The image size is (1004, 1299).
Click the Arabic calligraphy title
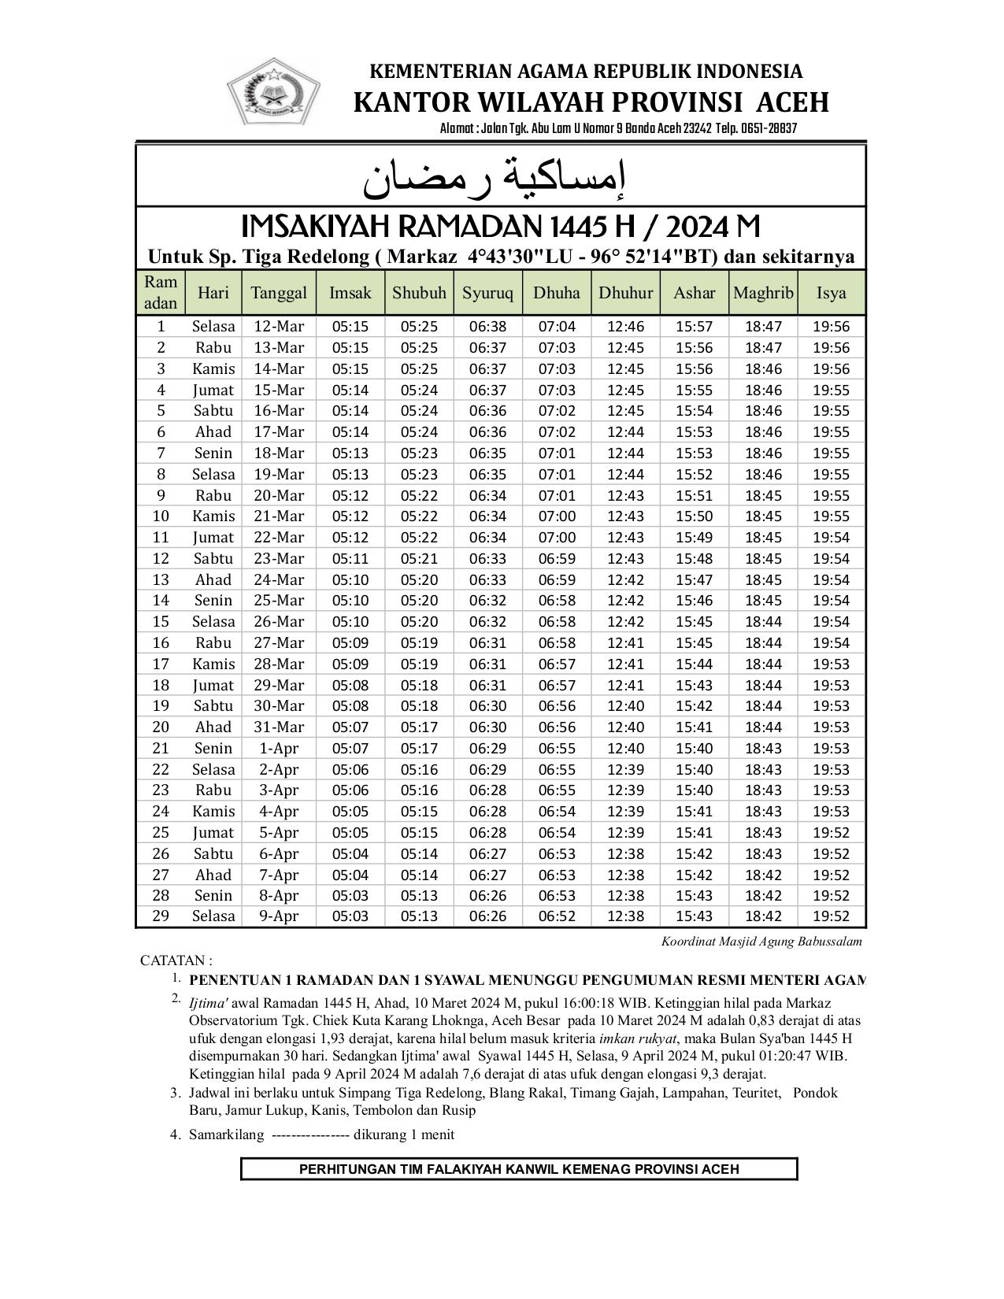[495, 179]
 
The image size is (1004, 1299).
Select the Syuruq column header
[487, 293]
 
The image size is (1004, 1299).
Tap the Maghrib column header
[762, 293]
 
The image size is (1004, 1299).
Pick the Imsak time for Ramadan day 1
[350, 327]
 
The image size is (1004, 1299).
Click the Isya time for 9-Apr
[832, 916]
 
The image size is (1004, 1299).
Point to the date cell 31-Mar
[279, 727]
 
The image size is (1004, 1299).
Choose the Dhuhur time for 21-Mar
[625, 516]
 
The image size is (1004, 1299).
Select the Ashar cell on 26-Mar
[694, 621]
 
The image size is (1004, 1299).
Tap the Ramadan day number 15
[161, 621]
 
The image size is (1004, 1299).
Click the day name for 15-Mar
[213, 390]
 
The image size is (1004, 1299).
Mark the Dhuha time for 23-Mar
[557, 558]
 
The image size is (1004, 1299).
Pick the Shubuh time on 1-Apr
[419, 748]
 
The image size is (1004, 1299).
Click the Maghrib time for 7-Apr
[763, 875]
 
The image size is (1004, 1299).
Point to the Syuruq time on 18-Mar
[487, 453]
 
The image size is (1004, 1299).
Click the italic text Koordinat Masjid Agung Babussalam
[761, 941]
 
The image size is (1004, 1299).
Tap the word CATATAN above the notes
[173, 960]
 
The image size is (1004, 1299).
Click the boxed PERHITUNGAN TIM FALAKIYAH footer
[519, 1169]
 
